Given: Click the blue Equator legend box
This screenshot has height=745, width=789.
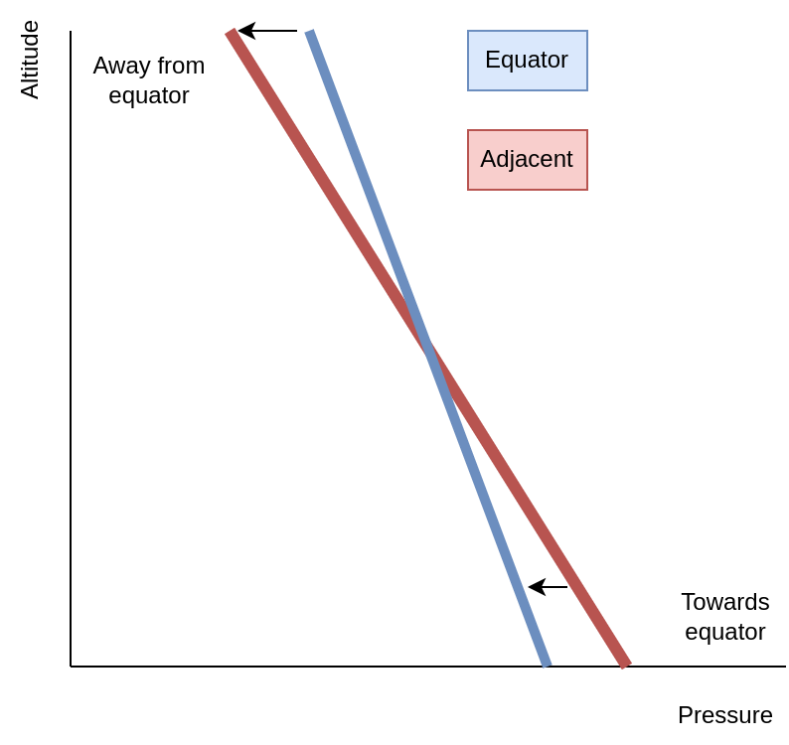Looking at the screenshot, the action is (528, 61).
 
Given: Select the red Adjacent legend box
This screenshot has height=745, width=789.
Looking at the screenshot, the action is (528, 160).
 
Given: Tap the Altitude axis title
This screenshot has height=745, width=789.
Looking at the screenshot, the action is (30, 60).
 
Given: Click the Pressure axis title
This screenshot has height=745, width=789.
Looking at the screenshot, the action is (725, 715).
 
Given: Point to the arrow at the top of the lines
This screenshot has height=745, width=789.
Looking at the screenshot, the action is (267, 31).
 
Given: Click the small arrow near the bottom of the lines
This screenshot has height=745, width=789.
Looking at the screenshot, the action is (548, 586).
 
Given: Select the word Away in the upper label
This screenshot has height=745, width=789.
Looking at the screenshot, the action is (122, 67).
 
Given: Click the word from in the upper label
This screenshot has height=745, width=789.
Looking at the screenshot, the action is (181, 66).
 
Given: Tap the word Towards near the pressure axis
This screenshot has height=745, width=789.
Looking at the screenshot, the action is (725, 602).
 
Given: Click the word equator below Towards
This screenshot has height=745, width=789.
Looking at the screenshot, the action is (725, 632).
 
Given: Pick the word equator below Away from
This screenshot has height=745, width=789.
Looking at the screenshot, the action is (149, 95).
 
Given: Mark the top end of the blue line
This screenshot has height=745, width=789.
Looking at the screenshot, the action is (310, 31).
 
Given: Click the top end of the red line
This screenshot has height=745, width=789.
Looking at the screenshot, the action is (231, 32).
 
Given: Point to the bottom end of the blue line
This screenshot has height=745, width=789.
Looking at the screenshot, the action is (546, 665).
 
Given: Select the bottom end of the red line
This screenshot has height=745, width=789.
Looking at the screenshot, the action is (624, 665).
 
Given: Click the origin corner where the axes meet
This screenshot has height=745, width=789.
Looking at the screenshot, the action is (71, 667).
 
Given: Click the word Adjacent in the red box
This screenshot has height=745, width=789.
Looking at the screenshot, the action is (527, 160).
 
